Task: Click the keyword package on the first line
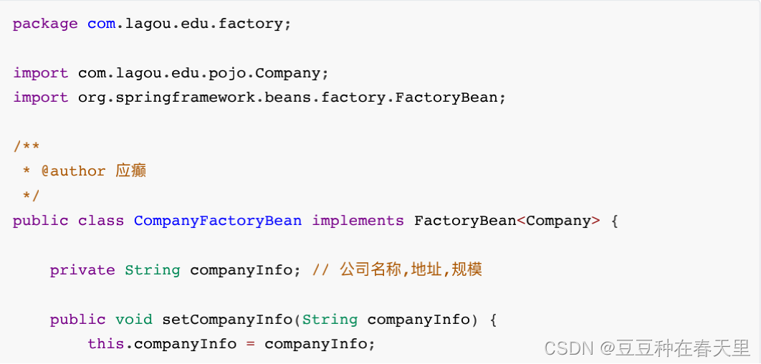pyautogui.click(x=45, y=24)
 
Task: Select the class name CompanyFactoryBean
pyautogui.click(x=218, y=221)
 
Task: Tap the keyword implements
pyautogui.click(x=358, y=221)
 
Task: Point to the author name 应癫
pyautogui.click(x=131, y=171)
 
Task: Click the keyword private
pyautogui.click(x=82, y=270)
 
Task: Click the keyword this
pyautogui.click(x=105, y=344)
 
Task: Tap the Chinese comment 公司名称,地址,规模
pyautogui.click(x=411, y=270)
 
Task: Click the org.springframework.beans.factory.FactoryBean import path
pyautogui.click(x=292, y=97)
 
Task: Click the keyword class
pyautogui.click(x=101, y=221)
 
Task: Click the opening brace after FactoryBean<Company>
pyautogui.click(x=614, y=221)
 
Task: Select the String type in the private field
pyautogui.click(x=152, y=270)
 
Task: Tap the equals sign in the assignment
pyautogui.click(x=250, y=344)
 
